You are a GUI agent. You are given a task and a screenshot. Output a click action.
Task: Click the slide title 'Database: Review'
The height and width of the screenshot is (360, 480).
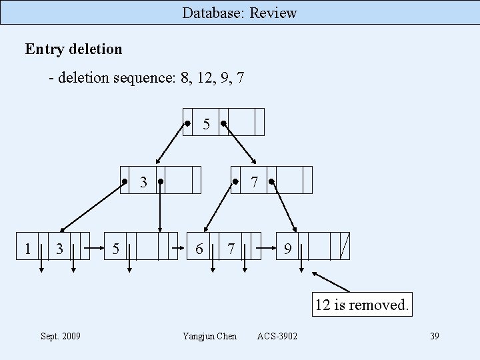(x=239, y=13)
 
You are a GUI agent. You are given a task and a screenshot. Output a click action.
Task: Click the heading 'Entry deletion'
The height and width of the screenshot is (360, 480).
(x=73, y=49)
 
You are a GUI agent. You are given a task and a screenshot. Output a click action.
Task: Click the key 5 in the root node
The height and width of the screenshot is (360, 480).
(x=207, y=124)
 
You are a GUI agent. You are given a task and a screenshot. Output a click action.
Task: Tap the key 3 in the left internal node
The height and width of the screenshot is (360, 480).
(x=143, y=182)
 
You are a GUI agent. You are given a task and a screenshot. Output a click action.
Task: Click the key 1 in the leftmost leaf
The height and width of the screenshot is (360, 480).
(x=27, y=249)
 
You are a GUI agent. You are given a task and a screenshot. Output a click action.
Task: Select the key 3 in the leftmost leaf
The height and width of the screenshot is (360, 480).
(x=60, y=249)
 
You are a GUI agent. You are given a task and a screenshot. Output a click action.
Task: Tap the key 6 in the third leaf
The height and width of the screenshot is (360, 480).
(x=199, y=249)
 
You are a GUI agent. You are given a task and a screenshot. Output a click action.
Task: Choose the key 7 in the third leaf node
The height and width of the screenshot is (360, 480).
(x=231, y=249)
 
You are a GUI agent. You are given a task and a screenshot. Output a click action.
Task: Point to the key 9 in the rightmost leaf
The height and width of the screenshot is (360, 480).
(x=287, y=249)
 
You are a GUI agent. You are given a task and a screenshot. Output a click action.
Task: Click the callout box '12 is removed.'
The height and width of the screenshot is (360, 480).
(x=361, y=305)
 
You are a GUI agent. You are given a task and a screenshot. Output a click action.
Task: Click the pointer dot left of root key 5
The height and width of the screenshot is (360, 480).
(x=189, y=123)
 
